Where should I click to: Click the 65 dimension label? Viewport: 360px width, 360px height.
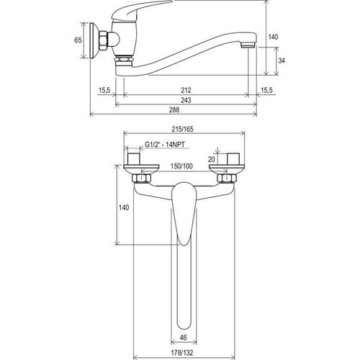pyautogui.click(x=78, y=40)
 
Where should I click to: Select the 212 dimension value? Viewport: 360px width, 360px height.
pyautogui.click(x=186, y=90)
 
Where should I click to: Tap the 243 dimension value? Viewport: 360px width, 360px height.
pyautogui.click(x=186, y=100)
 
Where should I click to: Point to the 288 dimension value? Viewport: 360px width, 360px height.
pyautogui.click(x=174, y=109)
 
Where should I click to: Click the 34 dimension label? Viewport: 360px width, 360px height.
pyautogui.click(x=282, y=60)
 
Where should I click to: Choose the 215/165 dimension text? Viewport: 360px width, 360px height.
pyautogui.click(x=182, y=129)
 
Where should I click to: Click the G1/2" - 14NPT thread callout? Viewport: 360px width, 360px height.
pyautogui.click(x=165, y=145)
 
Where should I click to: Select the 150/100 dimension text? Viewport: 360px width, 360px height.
pyautogui.click(x=181, y=166)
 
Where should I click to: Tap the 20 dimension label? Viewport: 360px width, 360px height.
pyautogui.click(x=211, y=159)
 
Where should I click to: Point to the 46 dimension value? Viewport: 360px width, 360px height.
pyautogui.click(x=183, y=338)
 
